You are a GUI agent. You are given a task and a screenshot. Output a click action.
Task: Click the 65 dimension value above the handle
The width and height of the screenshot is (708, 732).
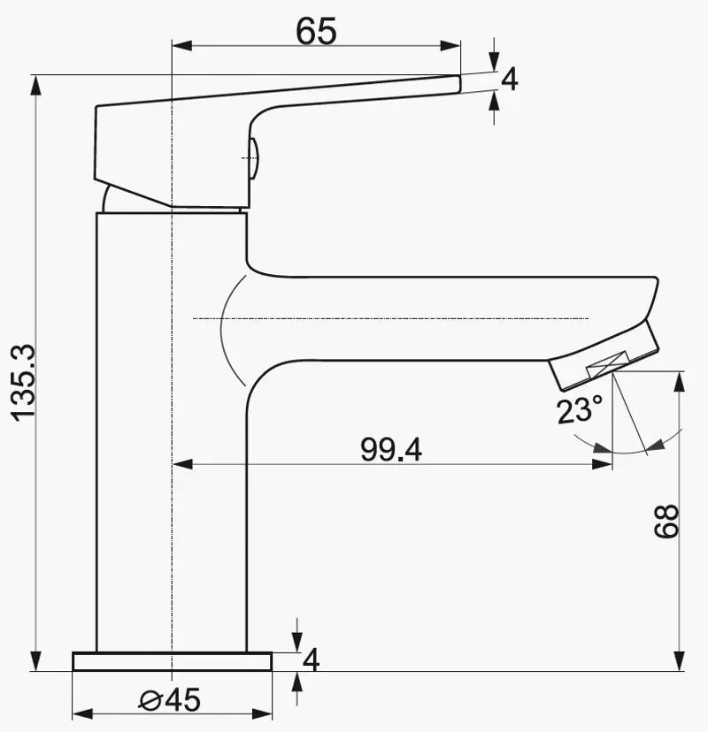tap(316, 31)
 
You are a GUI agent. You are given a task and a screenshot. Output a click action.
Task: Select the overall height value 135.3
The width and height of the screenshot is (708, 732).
tap(22, 382)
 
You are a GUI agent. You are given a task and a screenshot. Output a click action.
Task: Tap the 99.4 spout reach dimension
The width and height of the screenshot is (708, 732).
tap(390, 449)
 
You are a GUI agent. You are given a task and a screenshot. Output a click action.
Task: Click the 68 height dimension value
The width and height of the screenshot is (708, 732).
tap(667, 522)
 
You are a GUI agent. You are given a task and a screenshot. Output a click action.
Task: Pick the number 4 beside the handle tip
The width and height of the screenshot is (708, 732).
tap(509, 80)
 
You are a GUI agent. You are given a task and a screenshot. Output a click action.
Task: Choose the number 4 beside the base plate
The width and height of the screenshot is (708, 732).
tap(310, 660)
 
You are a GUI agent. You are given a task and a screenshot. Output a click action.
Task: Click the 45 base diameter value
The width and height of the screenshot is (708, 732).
tap(182, 700)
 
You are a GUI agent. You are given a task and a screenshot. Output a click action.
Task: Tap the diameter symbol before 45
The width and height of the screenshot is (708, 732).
tap(150, 701)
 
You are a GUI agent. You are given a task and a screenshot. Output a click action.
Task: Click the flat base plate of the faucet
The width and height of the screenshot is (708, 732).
tap(173, 662)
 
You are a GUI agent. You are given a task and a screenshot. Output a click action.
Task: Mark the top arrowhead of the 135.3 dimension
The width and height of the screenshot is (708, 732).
tap(36, 85)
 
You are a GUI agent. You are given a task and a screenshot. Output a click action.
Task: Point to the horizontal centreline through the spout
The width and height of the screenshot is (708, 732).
tap(389, 317)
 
